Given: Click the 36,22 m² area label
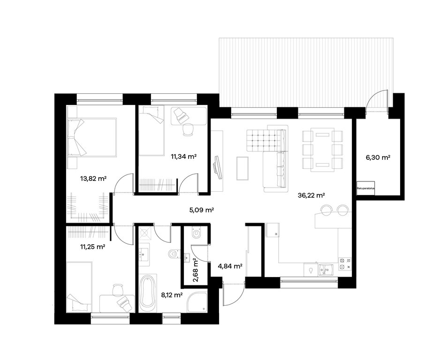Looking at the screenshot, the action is click(311, 195).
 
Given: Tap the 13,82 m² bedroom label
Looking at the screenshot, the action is click(93, 179).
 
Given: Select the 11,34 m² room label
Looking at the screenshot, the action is click(184, 156).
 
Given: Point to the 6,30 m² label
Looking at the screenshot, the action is click(378, 157).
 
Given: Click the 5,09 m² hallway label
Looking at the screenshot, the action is click(202, 210).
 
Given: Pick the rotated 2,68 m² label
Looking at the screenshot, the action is click(196, 270).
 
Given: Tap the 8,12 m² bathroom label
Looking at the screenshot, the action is click(172, 295).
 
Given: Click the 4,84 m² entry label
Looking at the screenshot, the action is click(230, 266).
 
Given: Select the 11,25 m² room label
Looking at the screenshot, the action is click(93, 247).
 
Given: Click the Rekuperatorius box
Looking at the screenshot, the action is click(365, 188).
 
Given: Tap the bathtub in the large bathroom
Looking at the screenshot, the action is click(148, 293).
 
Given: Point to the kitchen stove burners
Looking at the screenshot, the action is click(345, 264).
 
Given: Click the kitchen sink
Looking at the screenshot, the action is click(326, 270).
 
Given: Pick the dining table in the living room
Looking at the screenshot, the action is click(322, 150).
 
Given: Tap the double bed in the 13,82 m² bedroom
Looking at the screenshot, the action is click(92, 137).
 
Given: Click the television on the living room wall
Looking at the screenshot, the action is click(218, 167).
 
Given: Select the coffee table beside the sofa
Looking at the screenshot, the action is click(242, 168).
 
